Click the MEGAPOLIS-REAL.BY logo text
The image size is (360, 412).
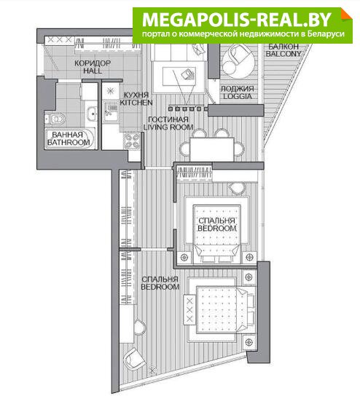[236, 20]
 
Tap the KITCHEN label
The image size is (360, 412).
[136, 103]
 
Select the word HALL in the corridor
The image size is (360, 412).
[93, 71]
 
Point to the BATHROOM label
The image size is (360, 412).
[69, 143]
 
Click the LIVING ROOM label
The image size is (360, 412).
[168, 127]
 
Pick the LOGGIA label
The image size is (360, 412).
[238, 96]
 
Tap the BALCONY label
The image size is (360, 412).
[283, 54]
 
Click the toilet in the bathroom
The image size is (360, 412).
[55, 119]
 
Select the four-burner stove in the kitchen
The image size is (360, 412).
[133, 141]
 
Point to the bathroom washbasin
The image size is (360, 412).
[92, 114]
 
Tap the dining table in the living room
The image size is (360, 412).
[211, 149]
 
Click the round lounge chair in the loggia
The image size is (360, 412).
[238, 61]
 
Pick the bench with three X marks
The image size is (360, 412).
[189, 309]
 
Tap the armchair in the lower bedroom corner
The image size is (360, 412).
[134, 359]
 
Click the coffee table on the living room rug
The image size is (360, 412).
[179, 76]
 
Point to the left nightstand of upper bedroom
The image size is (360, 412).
[184, 257]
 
